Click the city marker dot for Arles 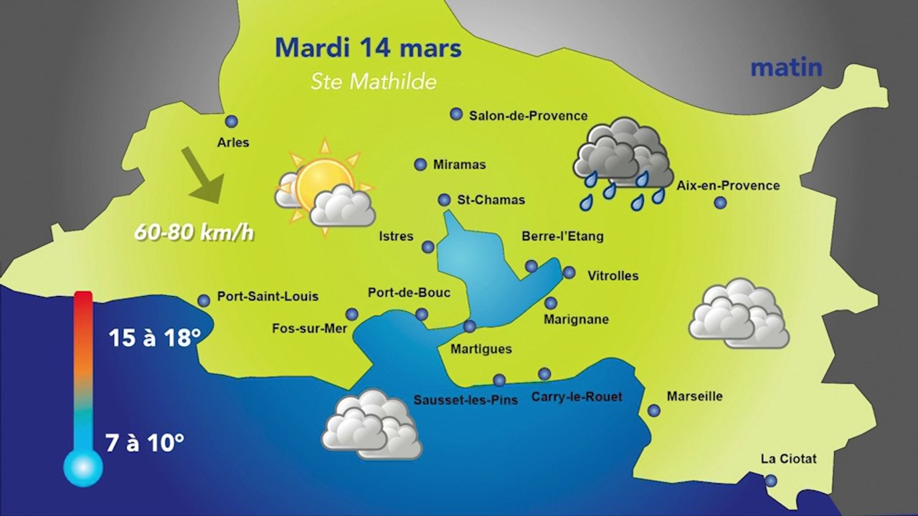pos(231,122)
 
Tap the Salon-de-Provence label pos(528,115)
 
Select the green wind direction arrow pos(202,175)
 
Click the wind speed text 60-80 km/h pos(194,233)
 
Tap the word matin pos(785,68)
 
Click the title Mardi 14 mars pos(368,49)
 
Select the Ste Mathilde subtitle pos(373,82)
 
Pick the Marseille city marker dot pos(654,411)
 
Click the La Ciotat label pos(789,459)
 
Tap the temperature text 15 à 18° pos(154,338)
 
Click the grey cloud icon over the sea pos(372,424)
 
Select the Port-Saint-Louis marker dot pos(204,301)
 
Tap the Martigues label pos(481,349)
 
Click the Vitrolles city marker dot pos(569,272)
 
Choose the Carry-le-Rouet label pos(577,396)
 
